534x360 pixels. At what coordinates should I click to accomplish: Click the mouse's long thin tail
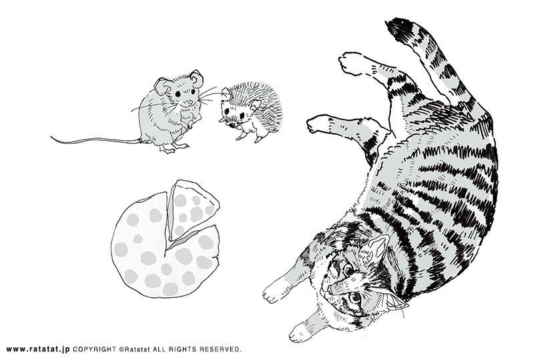[95, 140]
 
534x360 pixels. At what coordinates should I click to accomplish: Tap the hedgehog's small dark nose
[231, 125]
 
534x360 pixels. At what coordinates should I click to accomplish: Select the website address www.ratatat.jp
[38, 349]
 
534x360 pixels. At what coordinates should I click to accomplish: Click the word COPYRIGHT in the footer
[95, 349]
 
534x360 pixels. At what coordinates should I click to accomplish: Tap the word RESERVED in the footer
[220, 349]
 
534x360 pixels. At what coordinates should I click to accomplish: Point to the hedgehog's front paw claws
[240, 137]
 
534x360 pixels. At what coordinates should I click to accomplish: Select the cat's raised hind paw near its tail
[352, 62]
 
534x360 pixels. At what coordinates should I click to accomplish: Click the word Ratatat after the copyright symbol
[138, 349]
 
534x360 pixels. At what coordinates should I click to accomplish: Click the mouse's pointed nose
[191, 103]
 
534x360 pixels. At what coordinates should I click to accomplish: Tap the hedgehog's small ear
[254, 105]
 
